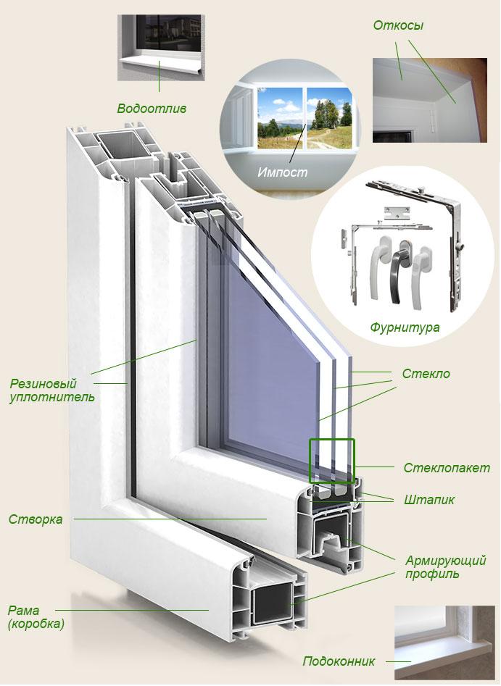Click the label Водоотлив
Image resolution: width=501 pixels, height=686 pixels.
(152, 109)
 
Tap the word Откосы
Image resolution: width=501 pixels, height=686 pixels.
(398, 26)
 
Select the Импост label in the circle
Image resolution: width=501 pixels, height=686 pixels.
(282, 172)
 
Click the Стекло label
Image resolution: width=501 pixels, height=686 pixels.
(426, 374)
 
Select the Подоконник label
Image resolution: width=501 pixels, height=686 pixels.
(339, 661)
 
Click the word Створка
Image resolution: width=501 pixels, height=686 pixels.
(36, 519)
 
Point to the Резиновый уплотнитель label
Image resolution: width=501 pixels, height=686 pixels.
(51, 390)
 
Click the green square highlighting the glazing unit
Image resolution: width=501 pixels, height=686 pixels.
(331, 461)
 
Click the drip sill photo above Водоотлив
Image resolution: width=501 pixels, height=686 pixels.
(161, 48)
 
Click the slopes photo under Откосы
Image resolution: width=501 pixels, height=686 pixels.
(429, 100)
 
